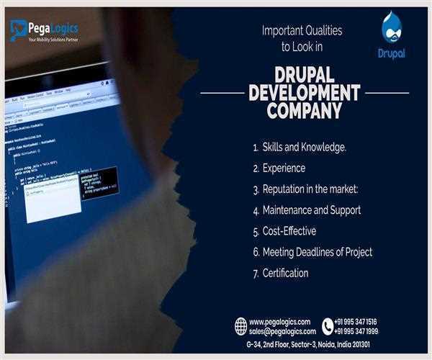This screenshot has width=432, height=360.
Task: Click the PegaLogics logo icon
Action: [x=18, y=30]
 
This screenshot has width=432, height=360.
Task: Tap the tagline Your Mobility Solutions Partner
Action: [x=53, y=39]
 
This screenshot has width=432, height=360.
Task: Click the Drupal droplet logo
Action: [x=391, y=26]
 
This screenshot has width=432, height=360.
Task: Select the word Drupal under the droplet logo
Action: [x=391, y=53]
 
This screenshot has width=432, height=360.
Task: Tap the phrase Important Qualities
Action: [x=302, y=31]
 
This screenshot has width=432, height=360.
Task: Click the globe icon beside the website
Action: [x=241, y=326]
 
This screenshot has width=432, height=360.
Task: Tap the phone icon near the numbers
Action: [x=328, y=326]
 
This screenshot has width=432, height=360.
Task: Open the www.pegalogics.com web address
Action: [x=280, y=321]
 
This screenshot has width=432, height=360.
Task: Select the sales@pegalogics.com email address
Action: [x=282, y=331]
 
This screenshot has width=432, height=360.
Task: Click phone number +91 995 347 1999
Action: [x=356, y=331]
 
